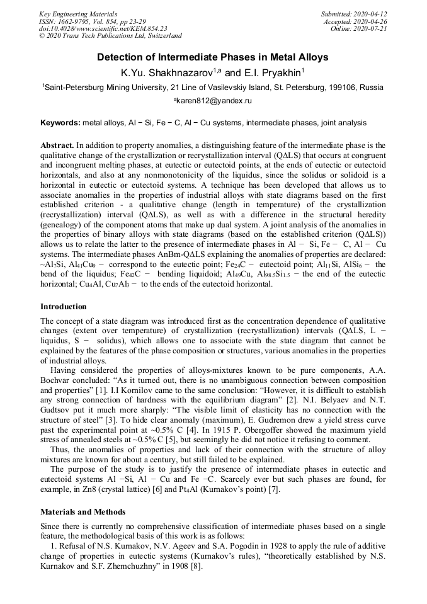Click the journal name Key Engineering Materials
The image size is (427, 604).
pos(78,14)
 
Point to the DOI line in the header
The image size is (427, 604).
pos(103,28)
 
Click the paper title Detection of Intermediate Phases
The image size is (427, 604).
pos(213,57)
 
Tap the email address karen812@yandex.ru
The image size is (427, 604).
pos(214,100)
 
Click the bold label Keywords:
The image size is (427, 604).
pos(60,122)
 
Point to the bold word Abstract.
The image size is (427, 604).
pos(57,145)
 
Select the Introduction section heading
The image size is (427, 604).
pos(64,307)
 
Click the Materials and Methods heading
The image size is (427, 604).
pos(83,511)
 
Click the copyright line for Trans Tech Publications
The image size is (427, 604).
pos(111,36)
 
